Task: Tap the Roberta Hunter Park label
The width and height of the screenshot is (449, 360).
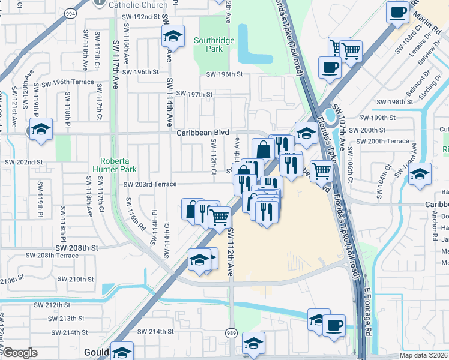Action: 118,165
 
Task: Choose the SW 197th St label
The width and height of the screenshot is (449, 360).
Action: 192,94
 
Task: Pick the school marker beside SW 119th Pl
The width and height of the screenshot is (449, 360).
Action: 41,129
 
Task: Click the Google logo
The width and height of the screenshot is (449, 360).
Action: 20,353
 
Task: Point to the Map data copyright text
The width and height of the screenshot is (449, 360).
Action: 423,355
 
